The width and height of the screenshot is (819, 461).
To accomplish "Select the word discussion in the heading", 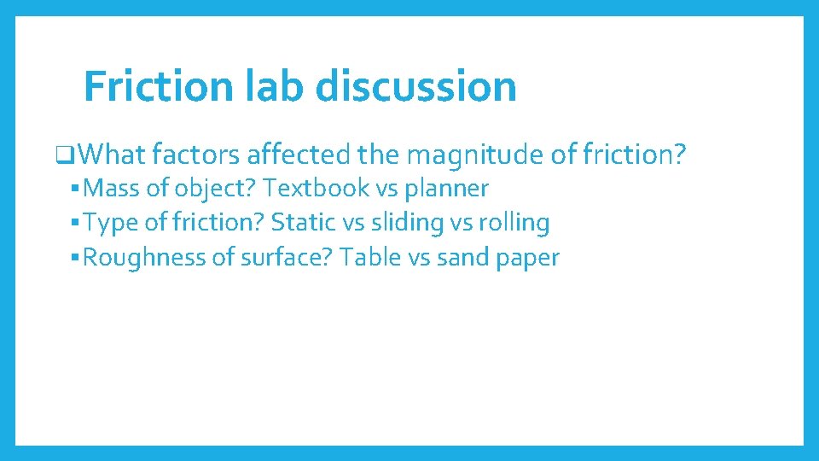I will point(417,85).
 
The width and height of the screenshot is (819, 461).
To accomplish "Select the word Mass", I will point(113,188).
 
